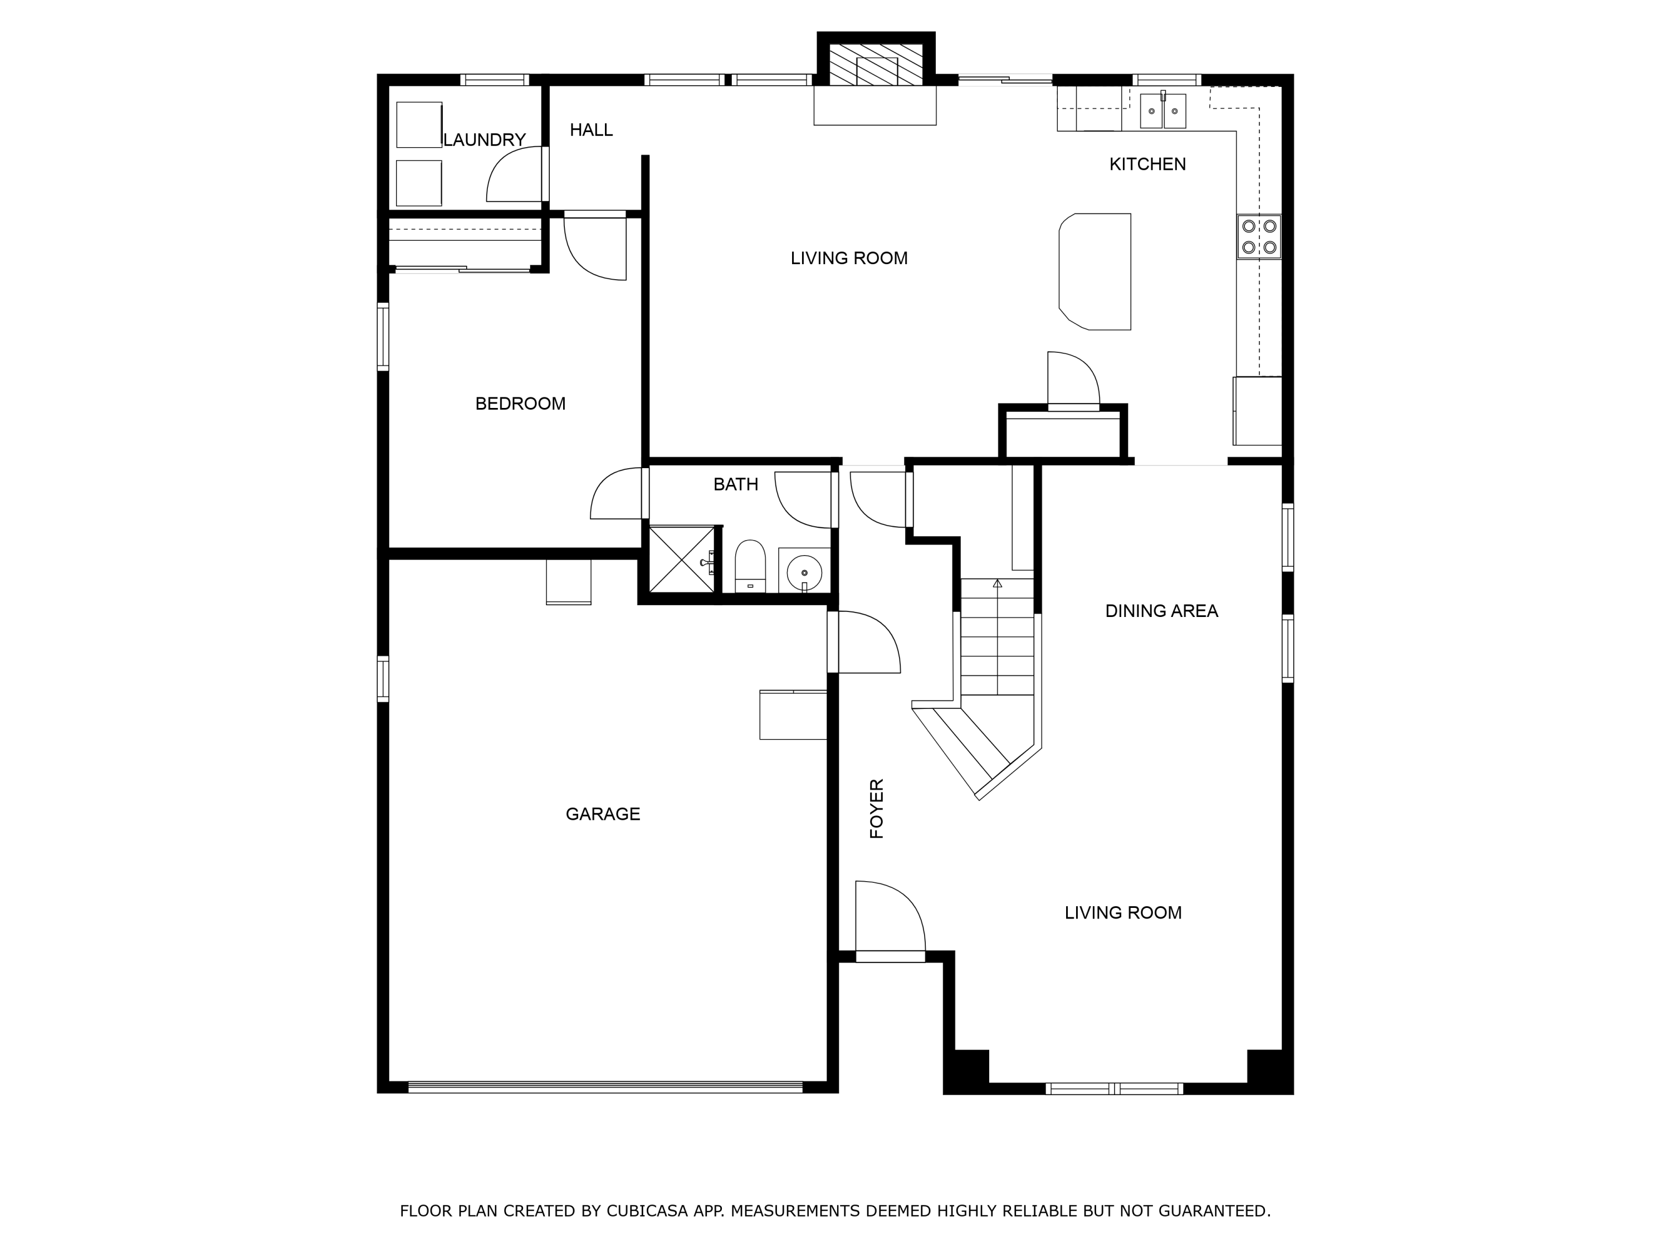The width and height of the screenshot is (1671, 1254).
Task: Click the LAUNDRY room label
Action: (x=484, y=140)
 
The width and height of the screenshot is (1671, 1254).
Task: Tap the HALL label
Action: (x=591, y=130)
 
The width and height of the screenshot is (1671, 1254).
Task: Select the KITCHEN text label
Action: (x=1147, y=164)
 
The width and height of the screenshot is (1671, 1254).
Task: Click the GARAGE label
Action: (x=603, y=814)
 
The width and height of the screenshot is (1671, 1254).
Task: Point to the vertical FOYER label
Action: (x=876, y=809)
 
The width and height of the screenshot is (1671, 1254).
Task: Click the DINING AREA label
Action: (x=1161, y=611)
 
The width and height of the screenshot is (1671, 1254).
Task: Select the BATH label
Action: (x=735, y=484)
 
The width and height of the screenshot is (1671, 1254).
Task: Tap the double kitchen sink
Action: (x=1162, y=110)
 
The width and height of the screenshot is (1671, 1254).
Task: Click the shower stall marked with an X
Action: (x=681, y=560)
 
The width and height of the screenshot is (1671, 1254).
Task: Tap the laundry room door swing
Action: (x=514, y=176)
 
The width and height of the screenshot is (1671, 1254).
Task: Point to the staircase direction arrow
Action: (x=997, y=583)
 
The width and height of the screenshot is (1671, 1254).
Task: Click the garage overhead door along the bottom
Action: (x=604, y=1088)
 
